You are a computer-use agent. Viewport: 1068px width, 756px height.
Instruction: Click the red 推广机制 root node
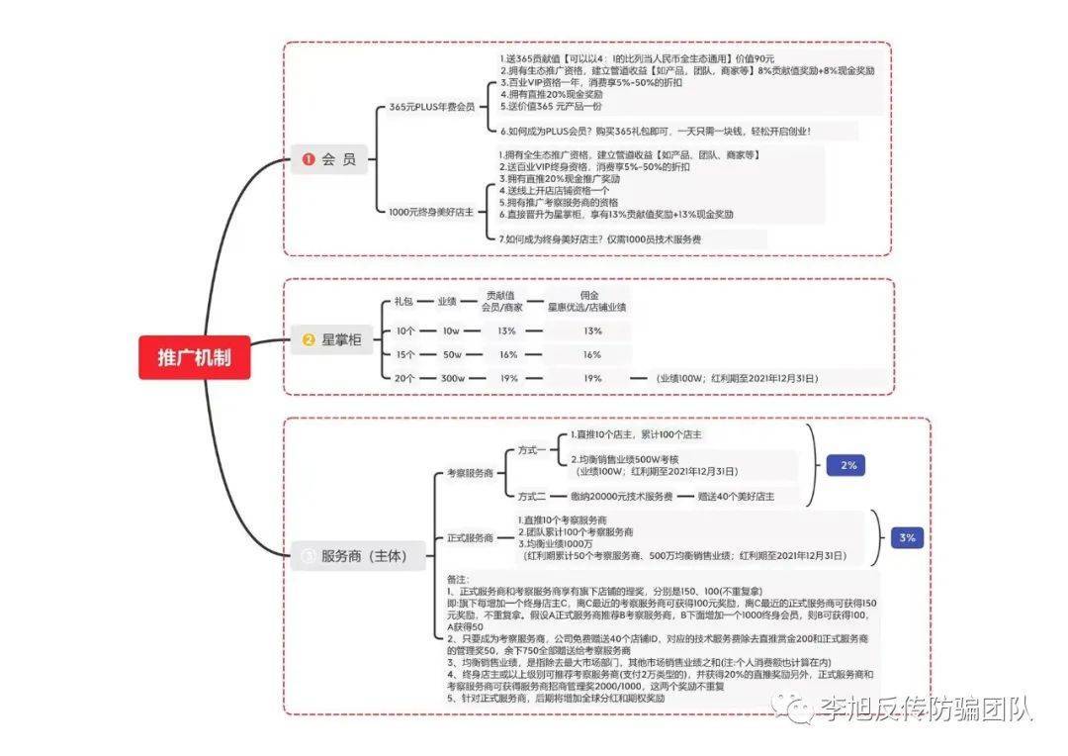(x=195, y=357)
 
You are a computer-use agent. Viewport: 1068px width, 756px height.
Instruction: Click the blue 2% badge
(x=848, y=464)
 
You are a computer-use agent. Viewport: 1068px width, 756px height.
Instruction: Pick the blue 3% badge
(x=908, y=537)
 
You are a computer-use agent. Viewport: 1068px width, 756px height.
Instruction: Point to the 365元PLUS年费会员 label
(x=431, y=107)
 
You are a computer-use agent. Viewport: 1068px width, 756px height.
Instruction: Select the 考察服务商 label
(x=470, y=474)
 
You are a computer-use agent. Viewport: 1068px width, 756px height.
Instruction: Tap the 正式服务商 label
(x=470, y=538)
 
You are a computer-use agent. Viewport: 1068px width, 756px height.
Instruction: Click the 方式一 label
(x=532, y=450)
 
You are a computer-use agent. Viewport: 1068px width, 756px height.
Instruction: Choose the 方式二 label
(x=532, y=496)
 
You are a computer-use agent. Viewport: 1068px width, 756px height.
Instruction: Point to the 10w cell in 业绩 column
(x=451, y=331)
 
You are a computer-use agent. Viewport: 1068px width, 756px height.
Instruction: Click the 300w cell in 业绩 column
(x=453, y=378)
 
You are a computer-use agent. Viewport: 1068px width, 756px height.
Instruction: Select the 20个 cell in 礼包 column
(x=404, y=378)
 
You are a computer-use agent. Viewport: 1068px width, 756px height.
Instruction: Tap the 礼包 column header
(x=403, y=301)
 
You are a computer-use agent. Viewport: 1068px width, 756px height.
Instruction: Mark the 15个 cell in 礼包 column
(x=404, y=354)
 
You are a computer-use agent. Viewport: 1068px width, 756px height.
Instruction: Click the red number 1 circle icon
(x=309, y=159)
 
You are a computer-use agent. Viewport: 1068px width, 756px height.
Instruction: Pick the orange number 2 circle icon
(x=309, y=340)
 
